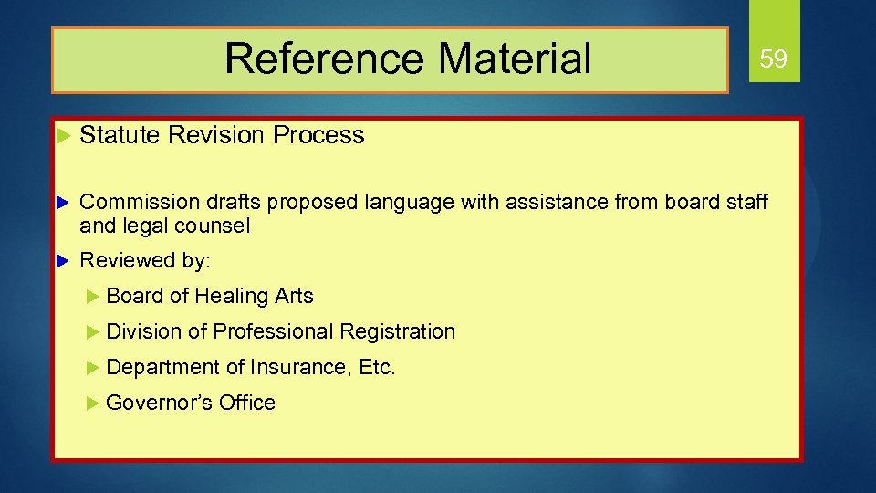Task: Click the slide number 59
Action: [773, 60]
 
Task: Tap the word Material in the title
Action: [515, 58]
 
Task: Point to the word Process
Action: [318, 135]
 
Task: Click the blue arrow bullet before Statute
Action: [63, 136]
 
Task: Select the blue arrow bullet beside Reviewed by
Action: [63, 261]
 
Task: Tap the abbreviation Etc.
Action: [377, 367]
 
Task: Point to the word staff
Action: [746, 202]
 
